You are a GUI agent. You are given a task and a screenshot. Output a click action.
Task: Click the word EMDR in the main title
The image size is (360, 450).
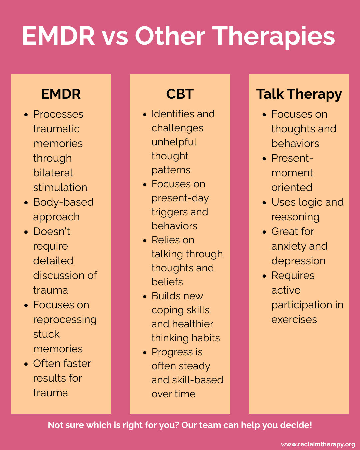59,36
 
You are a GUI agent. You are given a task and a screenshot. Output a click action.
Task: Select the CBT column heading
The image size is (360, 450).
180,94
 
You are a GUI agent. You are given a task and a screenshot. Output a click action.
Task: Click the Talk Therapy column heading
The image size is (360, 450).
299,94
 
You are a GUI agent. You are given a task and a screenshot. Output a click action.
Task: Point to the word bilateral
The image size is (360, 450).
53,173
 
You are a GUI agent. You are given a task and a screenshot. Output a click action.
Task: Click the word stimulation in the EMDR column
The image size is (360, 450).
60,187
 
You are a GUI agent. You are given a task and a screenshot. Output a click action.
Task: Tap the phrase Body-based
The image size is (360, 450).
63,202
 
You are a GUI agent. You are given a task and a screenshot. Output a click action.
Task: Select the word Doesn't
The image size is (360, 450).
52,231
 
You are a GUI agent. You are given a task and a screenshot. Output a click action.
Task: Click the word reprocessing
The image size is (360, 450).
65,320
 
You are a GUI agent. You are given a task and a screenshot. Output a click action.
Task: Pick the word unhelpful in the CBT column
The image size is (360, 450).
174,142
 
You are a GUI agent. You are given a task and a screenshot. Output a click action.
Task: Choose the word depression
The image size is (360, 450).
298,261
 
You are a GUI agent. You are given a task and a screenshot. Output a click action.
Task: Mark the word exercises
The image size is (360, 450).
294,319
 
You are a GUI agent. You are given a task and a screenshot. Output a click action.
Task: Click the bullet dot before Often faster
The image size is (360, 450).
26,364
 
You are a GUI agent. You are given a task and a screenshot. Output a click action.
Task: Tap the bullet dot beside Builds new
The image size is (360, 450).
145,296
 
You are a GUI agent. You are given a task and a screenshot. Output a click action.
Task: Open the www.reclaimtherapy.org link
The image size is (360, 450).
318,444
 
